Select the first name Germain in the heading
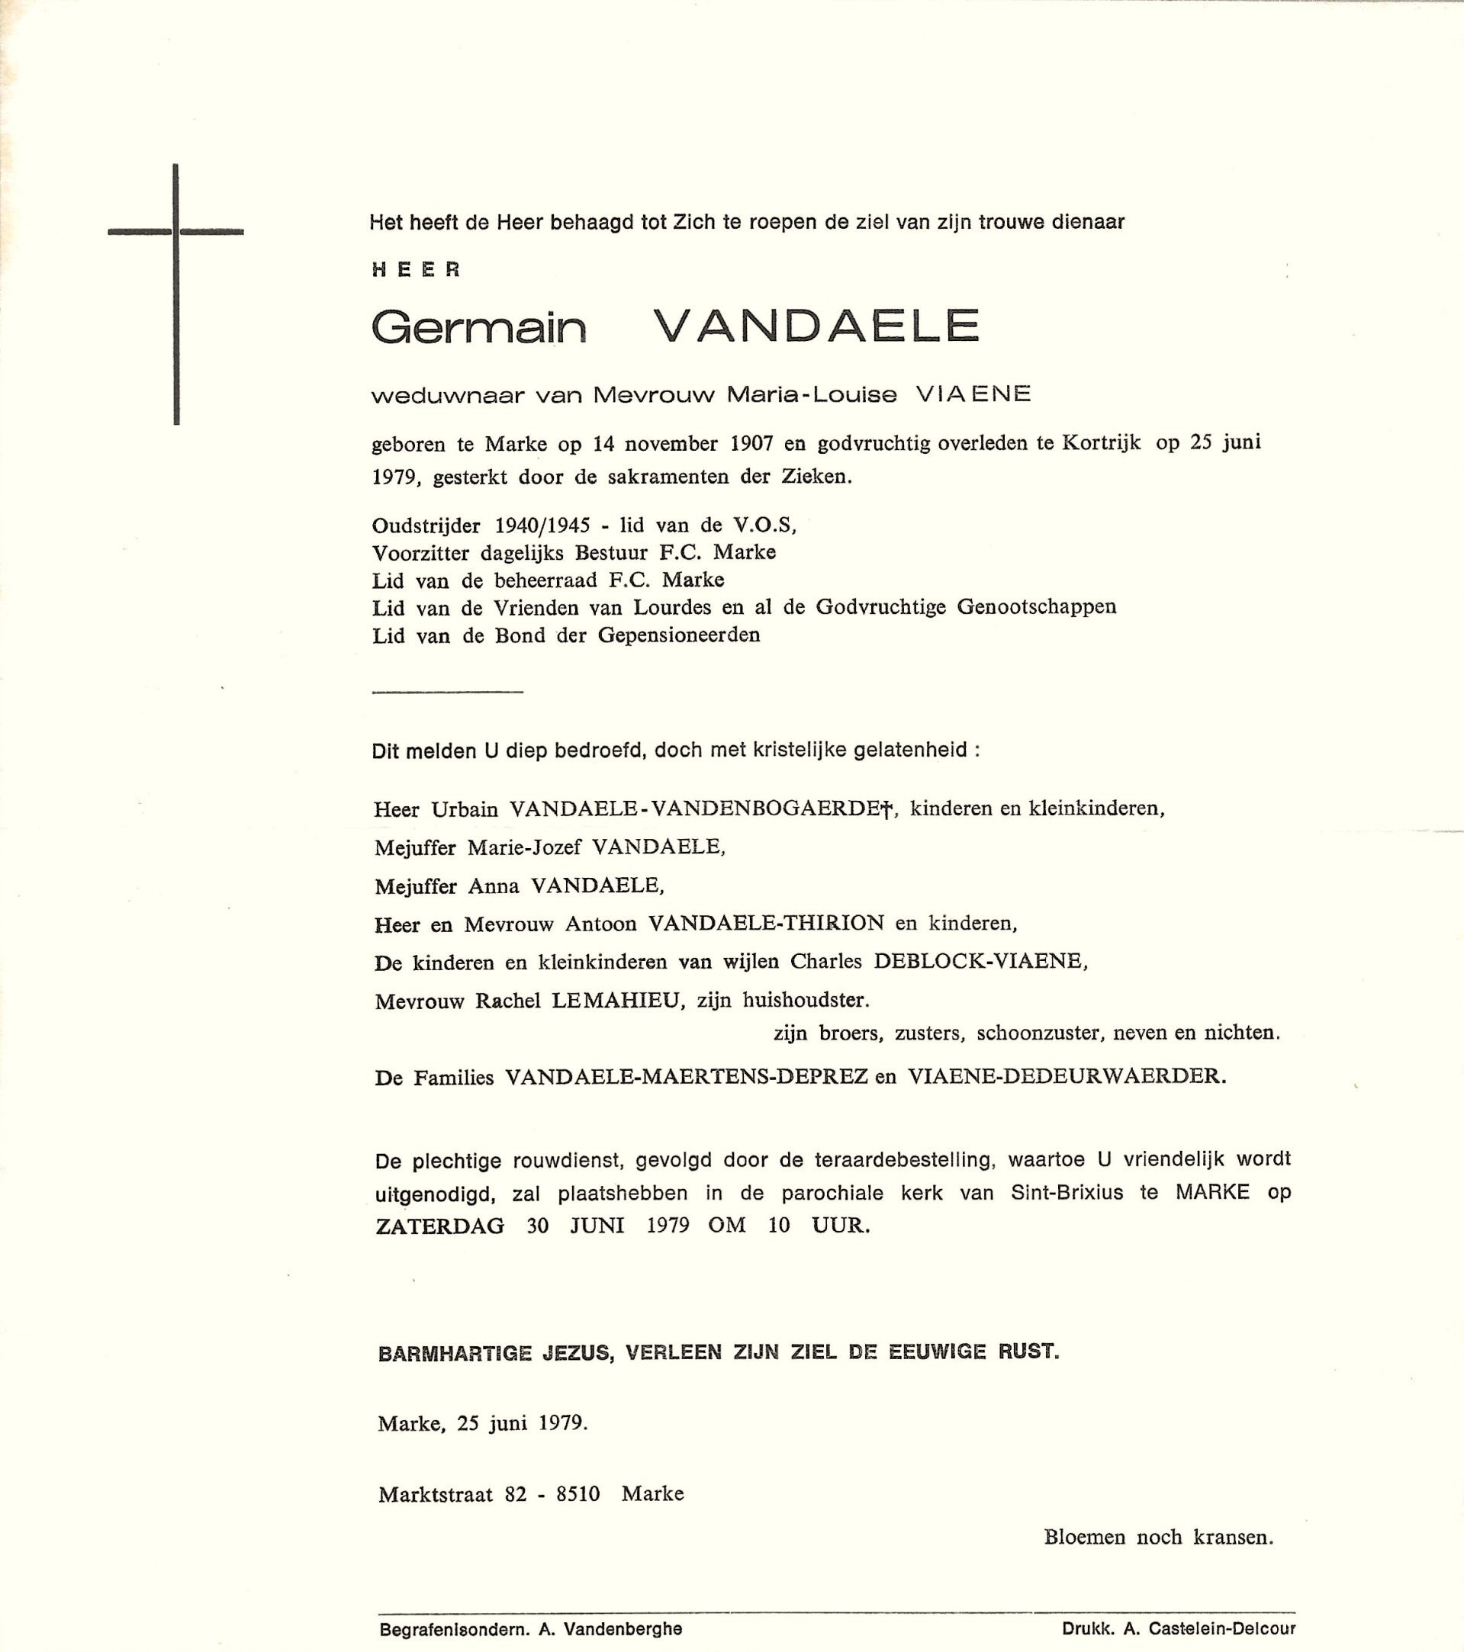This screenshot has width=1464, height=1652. click(x=478, y=327)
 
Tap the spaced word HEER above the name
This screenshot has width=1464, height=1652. click(x=417, y=270)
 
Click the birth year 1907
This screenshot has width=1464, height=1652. click(x=751, y=444)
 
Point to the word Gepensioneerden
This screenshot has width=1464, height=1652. click(x=679, y=635)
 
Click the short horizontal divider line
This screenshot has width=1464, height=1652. click(x=447, y=692)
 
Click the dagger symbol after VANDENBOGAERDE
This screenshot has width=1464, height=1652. click(x=886, y=809)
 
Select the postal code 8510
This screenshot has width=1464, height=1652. click(x=578, y=1493)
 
